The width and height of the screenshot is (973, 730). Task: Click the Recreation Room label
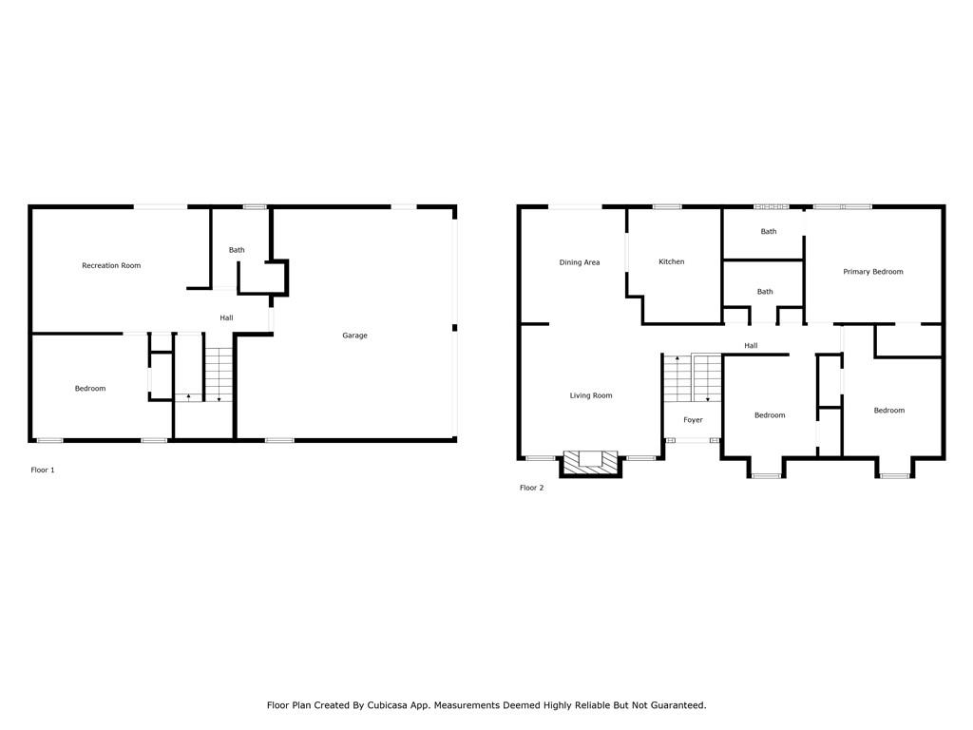click(x=111, y=266)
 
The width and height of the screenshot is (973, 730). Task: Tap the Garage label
click(x=355, y=336)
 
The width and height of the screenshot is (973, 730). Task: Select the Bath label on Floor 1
click(x=237, y=250)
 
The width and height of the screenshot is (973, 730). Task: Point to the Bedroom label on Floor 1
click(x=90, y=389)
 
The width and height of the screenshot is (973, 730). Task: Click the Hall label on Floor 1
click(x=226, y=317)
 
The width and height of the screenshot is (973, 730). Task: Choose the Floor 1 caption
click(x=43, y=470)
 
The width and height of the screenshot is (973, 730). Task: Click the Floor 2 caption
click(x=532, y=488)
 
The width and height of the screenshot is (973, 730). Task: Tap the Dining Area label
click(x=580, y=262)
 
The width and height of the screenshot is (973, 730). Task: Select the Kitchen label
click(x=672, y=262)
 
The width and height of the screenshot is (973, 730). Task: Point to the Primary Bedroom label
click(x=873, y=272)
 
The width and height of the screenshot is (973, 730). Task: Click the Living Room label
click(x=591, y=395)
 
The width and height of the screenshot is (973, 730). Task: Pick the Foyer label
click(x=693, y=420)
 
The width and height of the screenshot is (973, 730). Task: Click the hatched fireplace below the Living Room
click(x=591, y=464)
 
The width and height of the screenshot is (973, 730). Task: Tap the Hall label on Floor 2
click(x=751, y=346)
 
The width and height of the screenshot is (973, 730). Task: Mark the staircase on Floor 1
click(x=219, y=375)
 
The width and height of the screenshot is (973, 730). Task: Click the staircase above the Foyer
click(x=693, y=378)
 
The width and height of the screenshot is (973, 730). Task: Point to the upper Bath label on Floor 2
click(x=768, y=232)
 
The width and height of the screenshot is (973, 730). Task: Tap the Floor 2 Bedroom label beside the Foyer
click(x=770, y=415)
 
